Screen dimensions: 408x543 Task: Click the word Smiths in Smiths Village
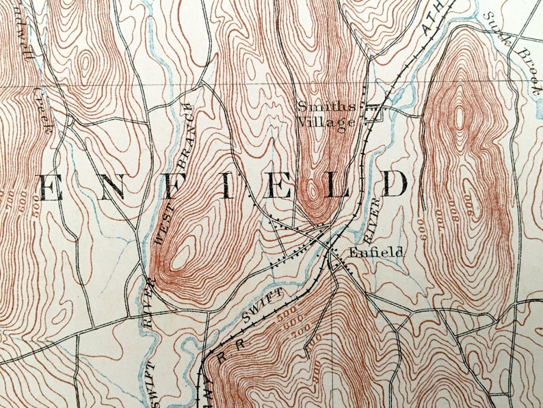click(326, 106)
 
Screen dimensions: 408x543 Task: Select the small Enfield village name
click(376, 252)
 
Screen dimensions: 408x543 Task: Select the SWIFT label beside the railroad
click(265, 305)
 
